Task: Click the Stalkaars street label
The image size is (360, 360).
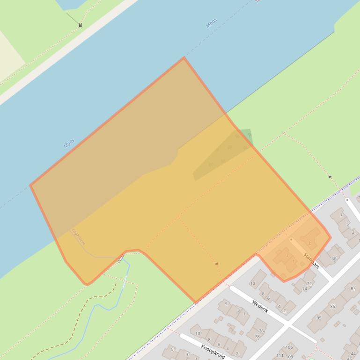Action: pyautogui.click(x=311, y=260)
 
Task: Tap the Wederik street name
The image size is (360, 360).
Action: pyautogui.click(x=259, y=306)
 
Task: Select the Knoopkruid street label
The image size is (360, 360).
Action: pyautogui.click(x=213, y=351)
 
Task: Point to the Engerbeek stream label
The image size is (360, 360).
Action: pyautogui.click(x=78, y=236)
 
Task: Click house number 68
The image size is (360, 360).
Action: pyautogui.click(x=334, y=259)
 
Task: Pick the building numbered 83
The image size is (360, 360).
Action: pyautogui.click(x=353, y=289)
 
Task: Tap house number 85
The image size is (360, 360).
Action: pyautogui.click(x=332, y=307)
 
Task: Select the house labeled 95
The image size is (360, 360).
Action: pyautogui.click(x=319, y=318)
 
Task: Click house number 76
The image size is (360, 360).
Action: pyautogui.click(x=260, y=331)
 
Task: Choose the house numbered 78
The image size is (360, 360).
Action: pyautogui.click(x=257, y=337)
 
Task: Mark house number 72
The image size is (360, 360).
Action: pyautogui.click(x=309, y=283)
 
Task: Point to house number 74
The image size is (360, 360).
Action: pyautogui.click(x=304, y=289)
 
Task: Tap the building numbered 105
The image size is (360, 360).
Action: pyautogui.click(x=288, y=347)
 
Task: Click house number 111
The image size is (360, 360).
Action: pyautogui.click(x=280, y=356)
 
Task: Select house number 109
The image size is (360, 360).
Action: pyautogui.click(x=290, y=357)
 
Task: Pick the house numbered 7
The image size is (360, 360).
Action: pyautogui.click(x=342, y=216)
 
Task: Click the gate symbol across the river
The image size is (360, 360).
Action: pyautogui.click(x=81, y=25)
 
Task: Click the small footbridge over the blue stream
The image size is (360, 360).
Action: pyautogui.click(x=121, y=259)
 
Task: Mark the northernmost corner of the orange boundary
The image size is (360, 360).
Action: pyautogui.click(x=184, y=58)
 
